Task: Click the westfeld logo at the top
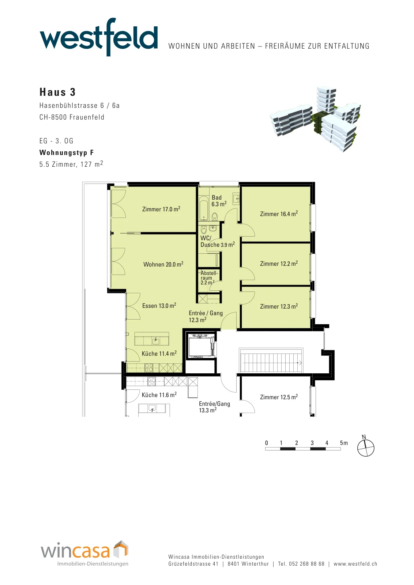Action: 99,37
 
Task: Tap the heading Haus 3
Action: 57,92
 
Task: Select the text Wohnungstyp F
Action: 66,152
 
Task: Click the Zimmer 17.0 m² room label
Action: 161,209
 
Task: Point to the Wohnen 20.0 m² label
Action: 163,264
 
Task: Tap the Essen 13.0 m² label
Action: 159,306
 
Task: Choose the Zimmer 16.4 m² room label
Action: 279,214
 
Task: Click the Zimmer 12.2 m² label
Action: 279,264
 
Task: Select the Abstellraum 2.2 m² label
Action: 208,278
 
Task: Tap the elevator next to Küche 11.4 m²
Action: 202,345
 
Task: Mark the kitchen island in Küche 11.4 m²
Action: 152,339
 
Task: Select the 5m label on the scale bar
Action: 344,443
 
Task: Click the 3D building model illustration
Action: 315,119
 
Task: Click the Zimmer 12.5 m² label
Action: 279,397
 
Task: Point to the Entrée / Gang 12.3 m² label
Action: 206,316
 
